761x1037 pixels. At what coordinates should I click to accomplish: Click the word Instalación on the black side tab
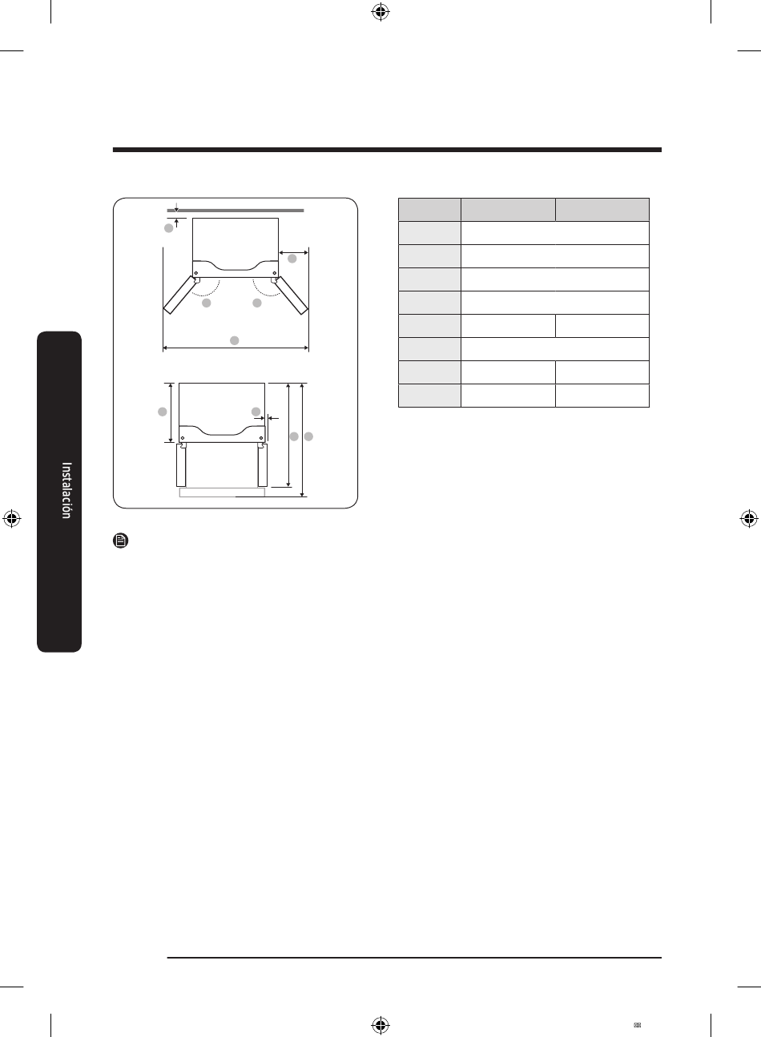(x=66, y=490)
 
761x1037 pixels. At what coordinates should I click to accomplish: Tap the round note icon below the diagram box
(x=121, y=541)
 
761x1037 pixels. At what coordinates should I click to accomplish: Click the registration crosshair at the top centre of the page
(x=380, y=13)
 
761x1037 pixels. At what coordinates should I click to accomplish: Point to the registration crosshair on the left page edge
(x=12, y=519)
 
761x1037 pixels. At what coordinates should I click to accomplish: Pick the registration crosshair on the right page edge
(x=749, y=519)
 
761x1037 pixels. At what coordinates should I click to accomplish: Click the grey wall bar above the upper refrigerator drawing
(x=236, y=211)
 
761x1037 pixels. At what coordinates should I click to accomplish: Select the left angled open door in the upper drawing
(x=179, y=295)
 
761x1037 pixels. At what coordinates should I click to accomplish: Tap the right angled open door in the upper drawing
(x=292, y=295)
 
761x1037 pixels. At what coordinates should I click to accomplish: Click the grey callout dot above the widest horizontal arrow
(x=235, y=341)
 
